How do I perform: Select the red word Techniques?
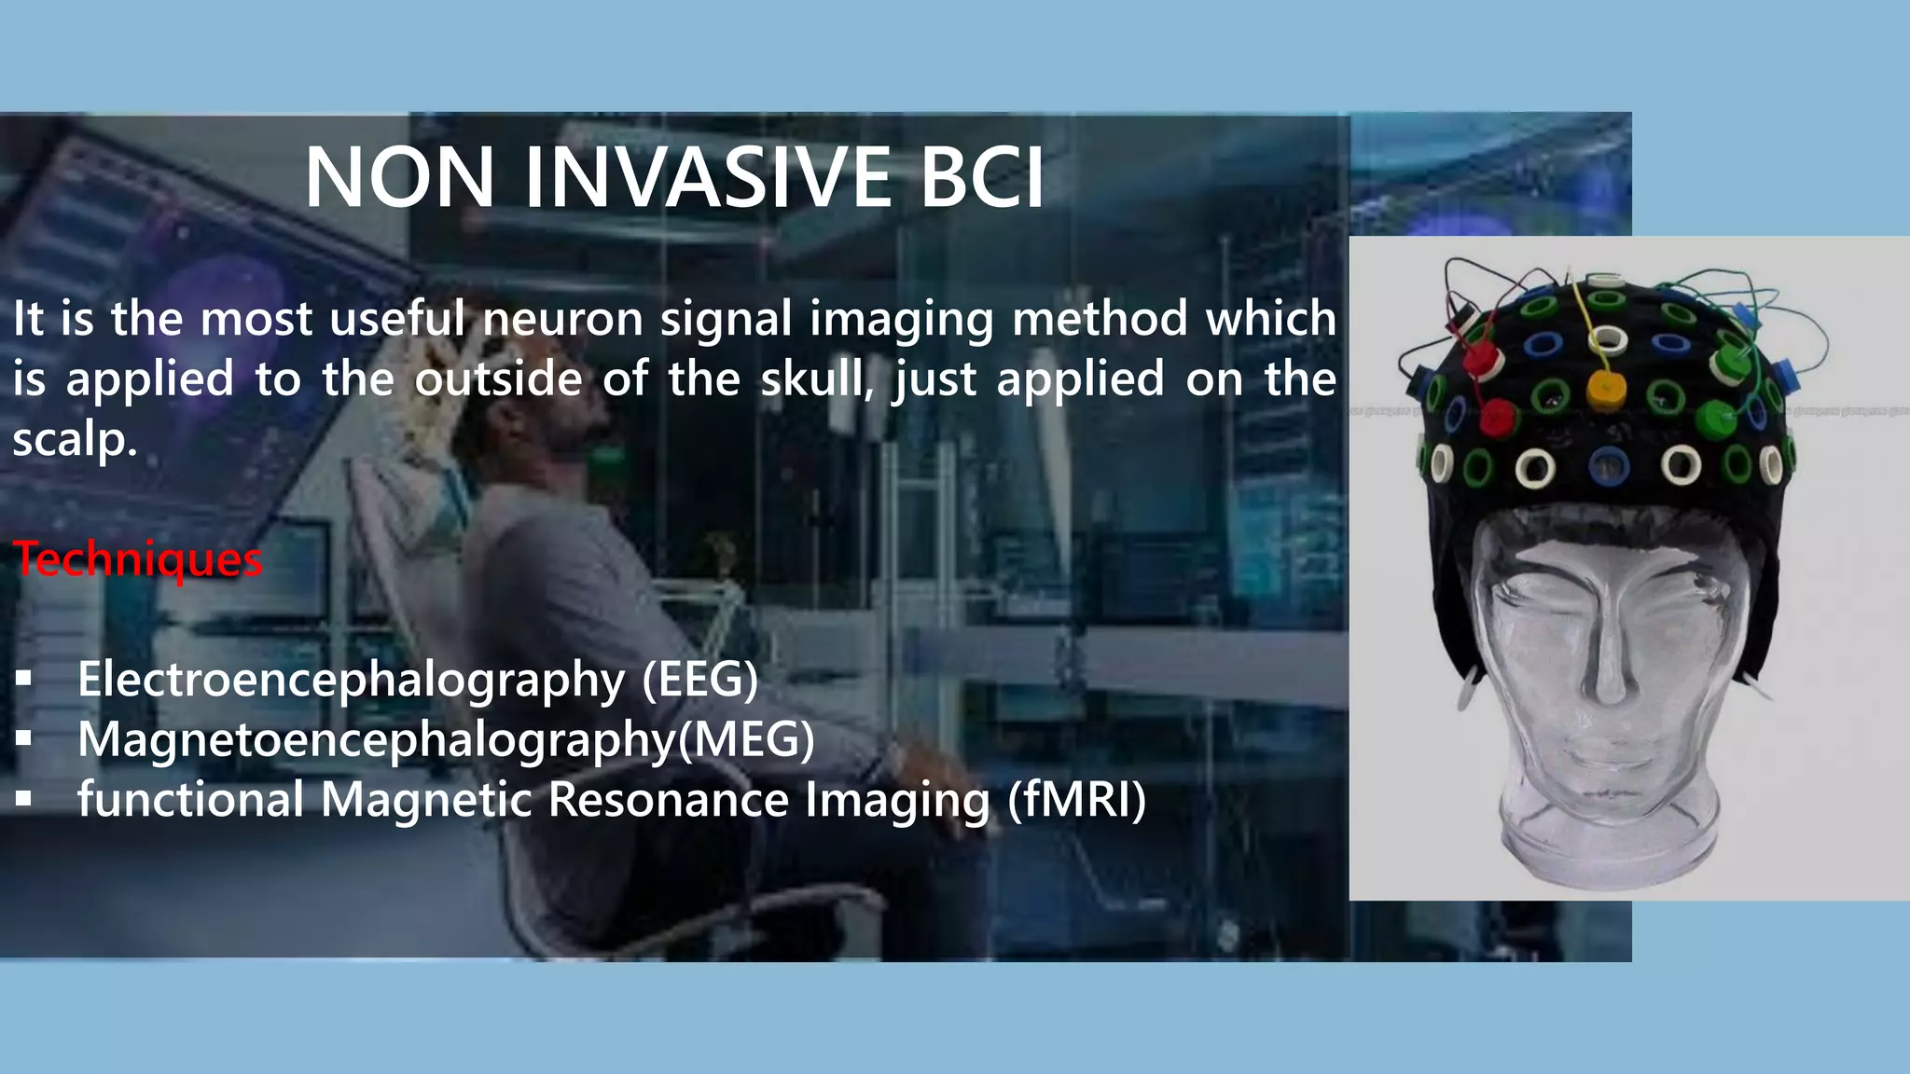137,559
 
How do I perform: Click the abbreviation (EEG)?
699,679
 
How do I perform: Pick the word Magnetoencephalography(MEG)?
446,739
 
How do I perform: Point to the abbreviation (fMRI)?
1076,800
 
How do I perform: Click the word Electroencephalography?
351,679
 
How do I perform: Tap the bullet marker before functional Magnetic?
24,799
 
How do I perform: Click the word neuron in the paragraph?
562,319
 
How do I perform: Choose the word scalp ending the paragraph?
73,440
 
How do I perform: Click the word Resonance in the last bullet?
668,800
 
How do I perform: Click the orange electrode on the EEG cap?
1605,390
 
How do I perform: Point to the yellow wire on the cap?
1585,317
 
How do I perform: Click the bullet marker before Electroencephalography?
24,678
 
